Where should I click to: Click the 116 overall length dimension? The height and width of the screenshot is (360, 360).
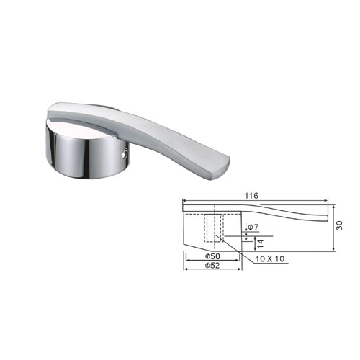coord(251,196)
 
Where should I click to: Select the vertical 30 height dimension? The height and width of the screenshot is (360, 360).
coord(339,225)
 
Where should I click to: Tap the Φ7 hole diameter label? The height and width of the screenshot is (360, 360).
coord(253,227)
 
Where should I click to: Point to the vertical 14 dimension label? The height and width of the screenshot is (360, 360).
coord(261,243)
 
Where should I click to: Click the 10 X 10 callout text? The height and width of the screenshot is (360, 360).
coord(270,258)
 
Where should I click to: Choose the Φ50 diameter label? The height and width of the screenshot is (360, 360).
coord(212,256)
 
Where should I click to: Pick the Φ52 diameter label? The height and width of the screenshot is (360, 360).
coord(212,266)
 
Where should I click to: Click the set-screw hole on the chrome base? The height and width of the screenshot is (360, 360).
coord(124,153)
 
